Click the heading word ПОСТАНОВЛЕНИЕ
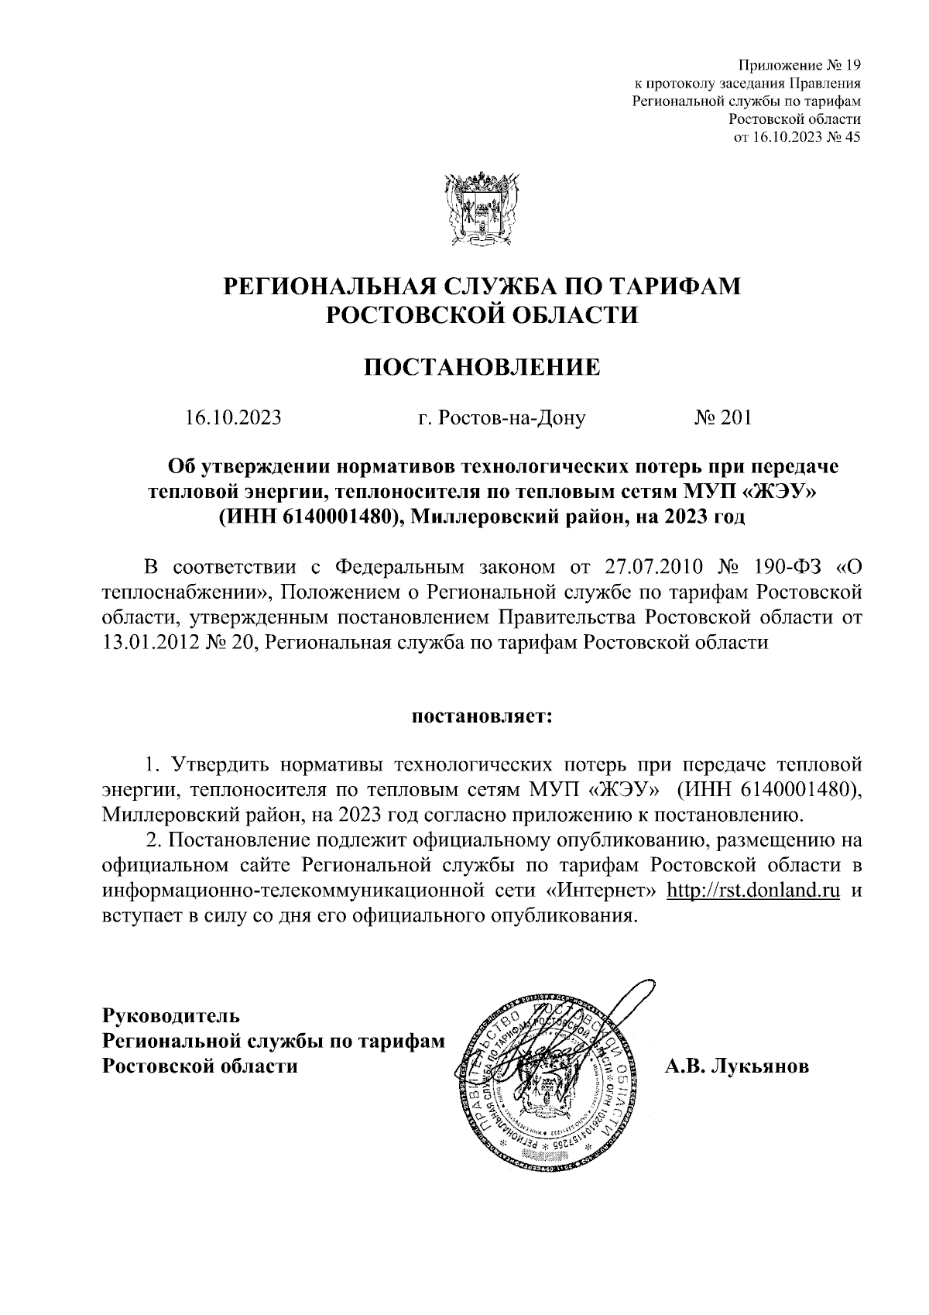point(482,366)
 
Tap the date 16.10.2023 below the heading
point(233,419)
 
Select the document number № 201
point(722,419)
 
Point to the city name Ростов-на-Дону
point(501,419)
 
